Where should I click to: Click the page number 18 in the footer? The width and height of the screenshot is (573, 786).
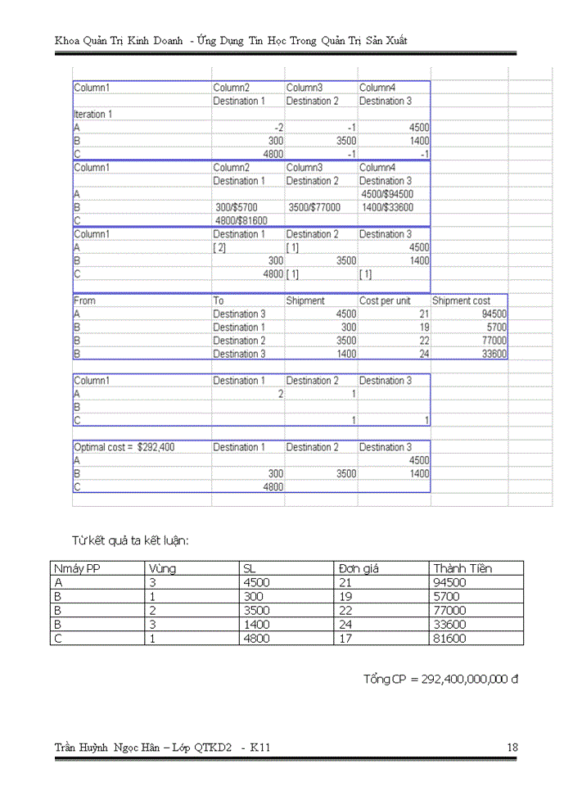click(x=512, y=747)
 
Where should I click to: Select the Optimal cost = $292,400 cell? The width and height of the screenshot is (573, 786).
click(x=124, y=447)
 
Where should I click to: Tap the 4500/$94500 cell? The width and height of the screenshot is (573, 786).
click(x=386, y=194)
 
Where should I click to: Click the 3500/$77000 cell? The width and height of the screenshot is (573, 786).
click(x=314, y=207)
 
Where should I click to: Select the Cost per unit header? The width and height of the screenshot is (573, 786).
click(x=385, y=300)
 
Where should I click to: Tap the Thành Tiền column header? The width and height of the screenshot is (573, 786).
click(x=462, y=568)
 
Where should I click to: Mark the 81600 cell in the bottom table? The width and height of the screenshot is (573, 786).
click(x=449, y=638)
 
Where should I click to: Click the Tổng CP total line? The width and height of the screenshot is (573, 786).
click(x=441, y=680)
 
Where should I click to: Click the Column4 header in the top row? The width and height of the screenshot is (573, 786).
click(x=377, y=87)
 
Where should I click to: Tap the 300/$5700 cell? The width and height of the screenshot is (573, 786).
click(x=242, y=207)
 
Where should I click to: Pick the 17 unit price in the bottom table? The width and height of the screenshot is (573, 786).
click(x=345, y=638)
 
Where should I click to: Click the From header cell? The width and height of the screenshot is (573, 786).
click(x=84, y=300)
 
